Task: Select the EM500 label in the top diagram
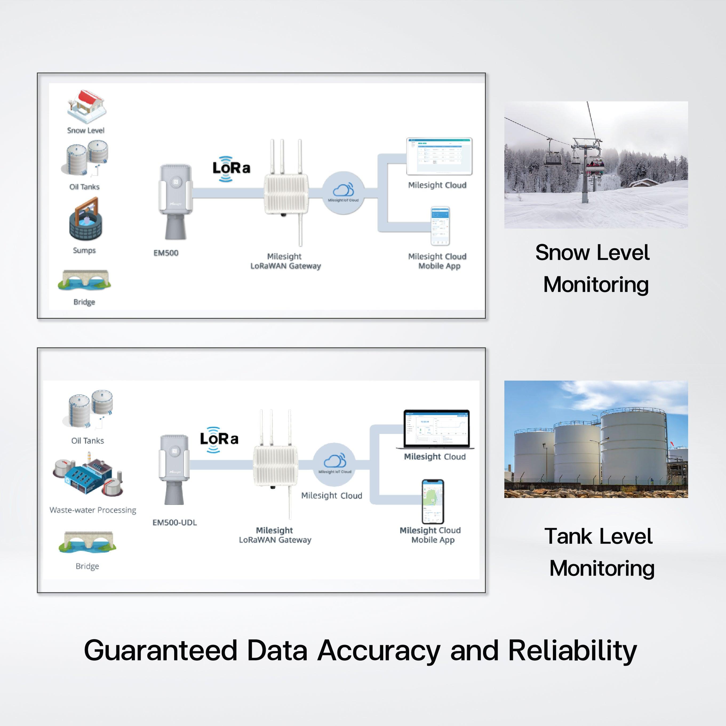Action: (166, 253)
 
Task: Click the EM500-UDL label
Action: (174, 522)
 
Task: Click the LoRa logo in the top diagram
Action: (231, 168)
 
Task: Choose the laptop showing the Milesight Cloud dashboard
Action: (436, 429)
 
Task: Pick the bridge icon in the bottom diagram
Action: (87, 542)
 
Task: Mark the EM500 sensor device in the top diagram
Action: (175, 201)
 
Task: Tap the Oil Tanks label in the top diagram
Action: (85, 187)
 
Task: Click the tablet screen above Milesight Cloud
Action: (439, 156)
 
